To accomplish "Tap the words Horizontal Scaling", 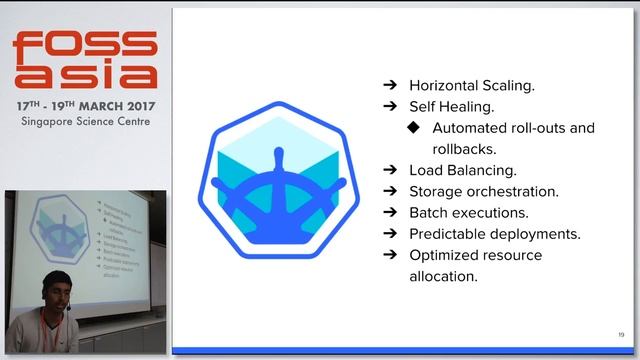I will coord(471,86).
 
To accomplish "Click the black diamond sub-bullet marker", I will coord(413,128).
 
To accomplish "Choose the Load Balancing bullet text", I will coord(463,170).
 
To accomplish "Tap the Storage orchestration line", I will coord(483,191).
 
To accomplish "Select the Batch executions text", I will coord(468,212).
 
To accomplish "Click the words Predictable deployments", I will coord(495,233).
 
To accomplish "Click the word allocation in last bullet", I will coord(443,275).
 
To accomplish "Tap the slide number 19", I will coord(621,334).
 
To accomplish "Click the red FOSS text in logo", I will coord(84,46).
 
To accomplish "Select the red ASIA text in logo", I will coord(84,75).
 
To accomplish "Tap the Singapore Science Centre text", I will coord(84,121).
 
